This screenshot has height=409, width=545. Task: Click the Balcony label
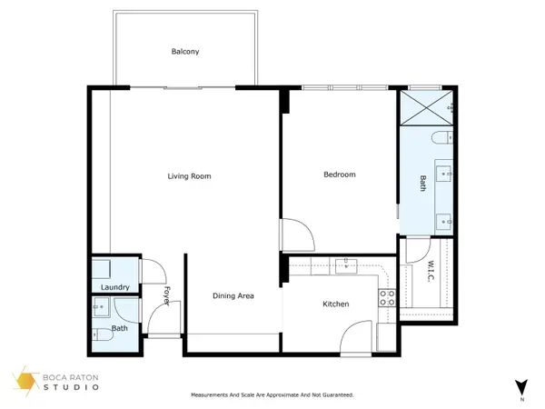coord(185,52)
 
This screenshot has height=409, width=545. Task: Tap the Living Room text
coord(189,175)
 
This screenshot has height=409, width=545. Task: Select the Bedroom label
coord(339,175)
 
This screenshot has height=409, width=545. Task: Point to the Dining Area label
coord(233,295)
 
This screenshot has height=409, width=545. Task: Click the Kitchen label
coord(337,305)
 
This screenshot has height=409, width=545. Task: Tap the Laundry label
coord(115,287)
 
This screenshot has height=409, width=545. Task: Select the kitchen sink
coord(345,266)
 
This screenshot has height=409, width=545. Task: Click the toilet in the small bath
coord(103,335)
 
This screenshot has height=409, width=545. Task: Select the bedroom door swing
coord(296,235)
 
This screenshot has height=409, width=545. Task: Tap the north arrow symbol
coord(520,386)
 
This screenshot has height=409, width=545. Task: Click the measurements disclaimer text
coord(272,395)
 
